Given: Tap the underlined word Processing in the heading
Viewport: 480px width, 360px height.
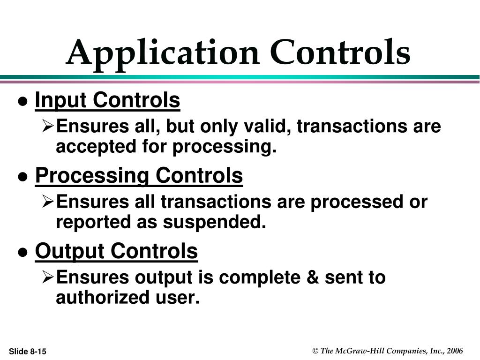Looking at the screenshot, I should pos(92,176).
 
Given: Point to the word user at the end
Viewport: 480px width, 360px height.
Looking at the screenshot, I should pos(177,297).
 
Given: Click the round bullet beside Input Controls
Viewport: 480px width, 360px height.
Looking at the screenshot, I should pos(22,102).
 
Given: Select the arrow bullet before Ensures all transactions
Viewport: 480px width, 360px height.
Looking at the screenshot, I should pos(48,202).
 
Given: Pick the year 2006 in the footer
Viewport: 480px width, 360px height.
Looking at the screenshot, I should pos(455,351).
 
